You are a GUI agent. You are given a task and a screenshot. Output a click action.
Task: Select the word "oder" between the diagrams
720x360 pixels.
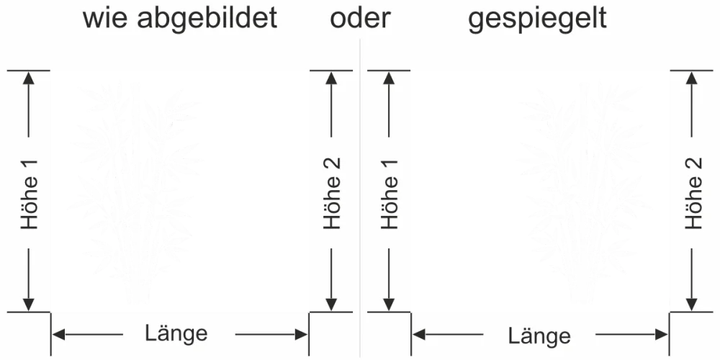point(360,19)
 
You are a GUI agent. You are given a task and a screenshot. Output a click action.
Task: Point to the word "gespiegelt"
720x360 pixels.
point(537,19)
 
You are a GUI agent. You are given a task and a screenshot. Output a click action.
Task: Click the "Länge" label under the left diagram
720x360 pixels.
point(176,333)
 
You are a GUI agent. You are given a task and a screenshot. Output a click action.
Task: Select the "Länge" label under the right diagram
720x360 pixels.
point(539,336)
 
